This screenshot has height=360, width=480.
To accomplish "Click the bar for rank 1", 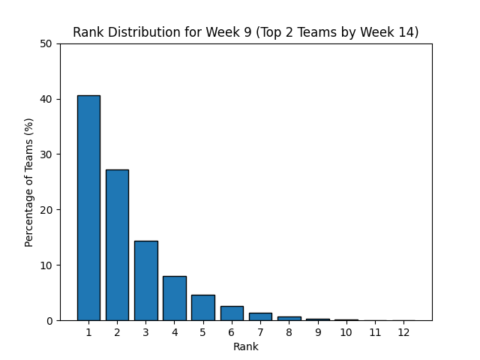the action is coord(88,208).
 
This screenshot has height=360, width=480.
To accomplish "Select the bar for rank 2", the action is coord(117,245).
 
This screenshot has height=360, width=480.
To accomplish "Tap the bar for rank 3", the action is coord(146,280).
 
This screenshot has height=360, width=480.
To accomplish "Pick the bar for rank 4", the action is coord(175,298).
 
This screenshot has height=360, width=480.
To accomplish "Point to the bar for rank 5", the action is coord(203,307).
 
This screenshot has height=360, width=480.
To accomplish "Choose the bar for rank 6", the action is coord(232,313).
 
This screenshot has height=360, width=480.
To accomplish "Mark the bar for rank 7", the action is coord(260,316).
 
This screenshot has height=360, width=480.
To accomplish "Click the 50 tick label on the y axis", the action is coord(46,43).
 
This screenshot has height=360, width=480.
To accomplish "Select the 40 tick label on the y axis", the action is coord(46,99).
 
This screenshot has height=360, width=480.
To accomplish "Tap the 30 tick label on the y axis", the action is coord(46,154).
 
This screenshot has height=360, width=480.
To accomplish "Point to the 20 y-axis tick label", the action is coord(46,210).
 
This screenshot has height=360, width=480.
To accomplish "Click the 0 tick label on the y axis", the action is coord(49,321).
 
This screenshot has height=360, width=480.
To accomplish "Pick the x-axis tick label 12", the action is coord(403,332).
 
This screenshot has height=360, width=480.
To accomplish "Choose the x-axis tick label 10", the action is coord(346,332).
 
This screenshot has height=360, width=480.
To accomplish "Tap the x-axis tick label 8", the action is coord(289,332).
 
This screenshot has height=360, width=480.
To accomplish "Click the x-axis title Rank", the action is coord(246,346).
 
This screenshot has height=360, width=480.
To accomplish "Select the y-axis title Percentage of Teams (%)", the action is coord(28,182).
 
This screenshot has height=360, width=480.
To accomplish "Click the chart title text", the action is coord(246,32).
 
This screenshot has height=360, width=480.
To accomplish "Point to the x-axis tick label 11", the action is coord(375,332).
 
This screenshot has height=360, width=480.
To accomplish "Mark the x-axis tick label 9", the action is coord(318,332).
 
